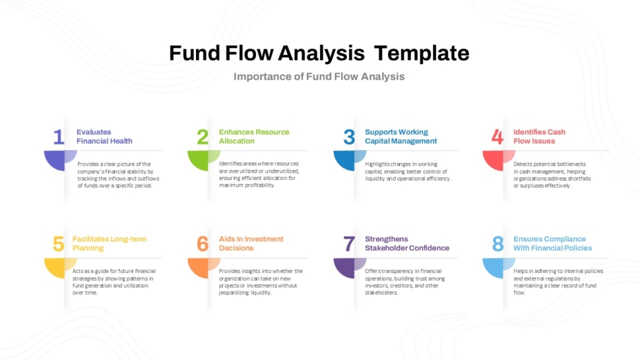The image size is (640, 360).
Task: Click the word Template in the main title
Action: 422,53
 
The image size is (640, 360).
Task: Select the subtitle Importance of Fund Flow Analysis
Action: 319,76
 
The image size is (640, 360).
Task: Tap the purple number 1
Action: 59,137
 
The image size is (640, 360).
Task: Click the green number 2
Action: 203,137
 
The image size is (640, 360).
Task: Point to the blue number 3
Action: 349,137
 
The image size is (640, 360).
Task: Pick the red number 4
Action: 497,137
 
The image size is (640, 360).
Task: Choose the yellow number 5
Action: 59,244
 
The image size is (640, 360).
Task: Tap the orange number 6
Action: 203,244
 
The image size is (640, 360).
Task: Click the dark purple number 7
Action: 349,244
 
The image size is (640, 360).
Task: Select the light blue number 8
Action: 498,244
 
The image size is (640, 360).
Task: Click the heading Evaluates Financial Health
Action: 104,136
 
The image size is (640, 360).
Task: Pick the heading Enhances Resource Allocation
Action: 254,136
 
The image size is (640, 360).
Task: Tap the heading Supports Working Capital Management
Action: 401,136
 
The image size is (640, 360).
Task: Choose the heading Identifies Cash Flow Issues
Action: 539,136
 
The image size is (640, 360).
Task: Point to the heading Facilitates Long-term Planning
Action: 109,243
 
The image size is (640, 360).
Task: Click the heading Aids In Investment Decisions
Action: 251,243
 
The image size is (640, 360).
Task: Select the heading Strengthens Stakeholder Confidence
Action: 407,243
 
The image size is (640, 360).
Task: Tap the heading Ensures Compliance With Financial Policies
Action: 552,243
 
